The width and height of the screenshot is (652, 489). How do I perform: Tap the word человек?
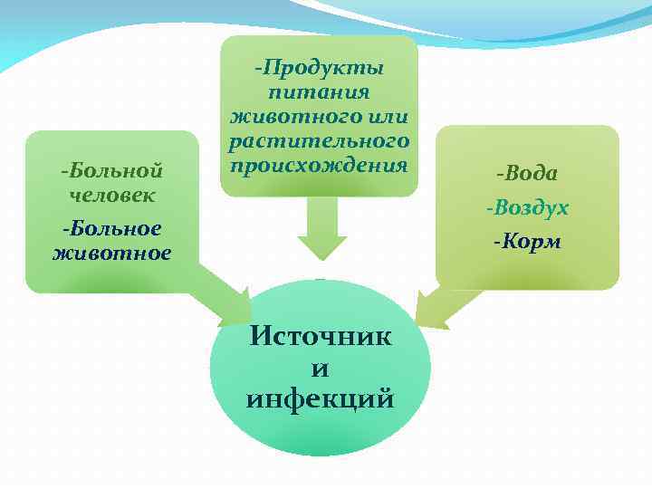coord(111,195)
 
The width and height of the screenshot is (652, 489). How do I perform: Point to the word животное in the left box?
coord(111,253)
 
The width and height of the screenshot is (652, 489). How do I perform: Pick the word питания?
coord(320,92)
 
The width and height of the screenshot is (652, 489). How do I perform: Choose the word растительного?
coord(320,142)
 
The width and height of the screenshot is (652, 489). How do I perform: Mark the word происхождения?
coord(320,166)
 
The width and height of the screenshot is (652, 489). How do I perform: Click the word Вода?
coord(532,173)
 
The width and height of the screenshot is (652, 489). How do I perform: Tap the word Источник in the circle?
coord(321,337)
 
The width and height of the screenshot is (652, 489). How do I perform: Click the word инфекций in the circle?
coord(321,398)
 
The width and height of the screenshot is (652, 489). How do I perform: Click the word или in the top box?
coord(388,118)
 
